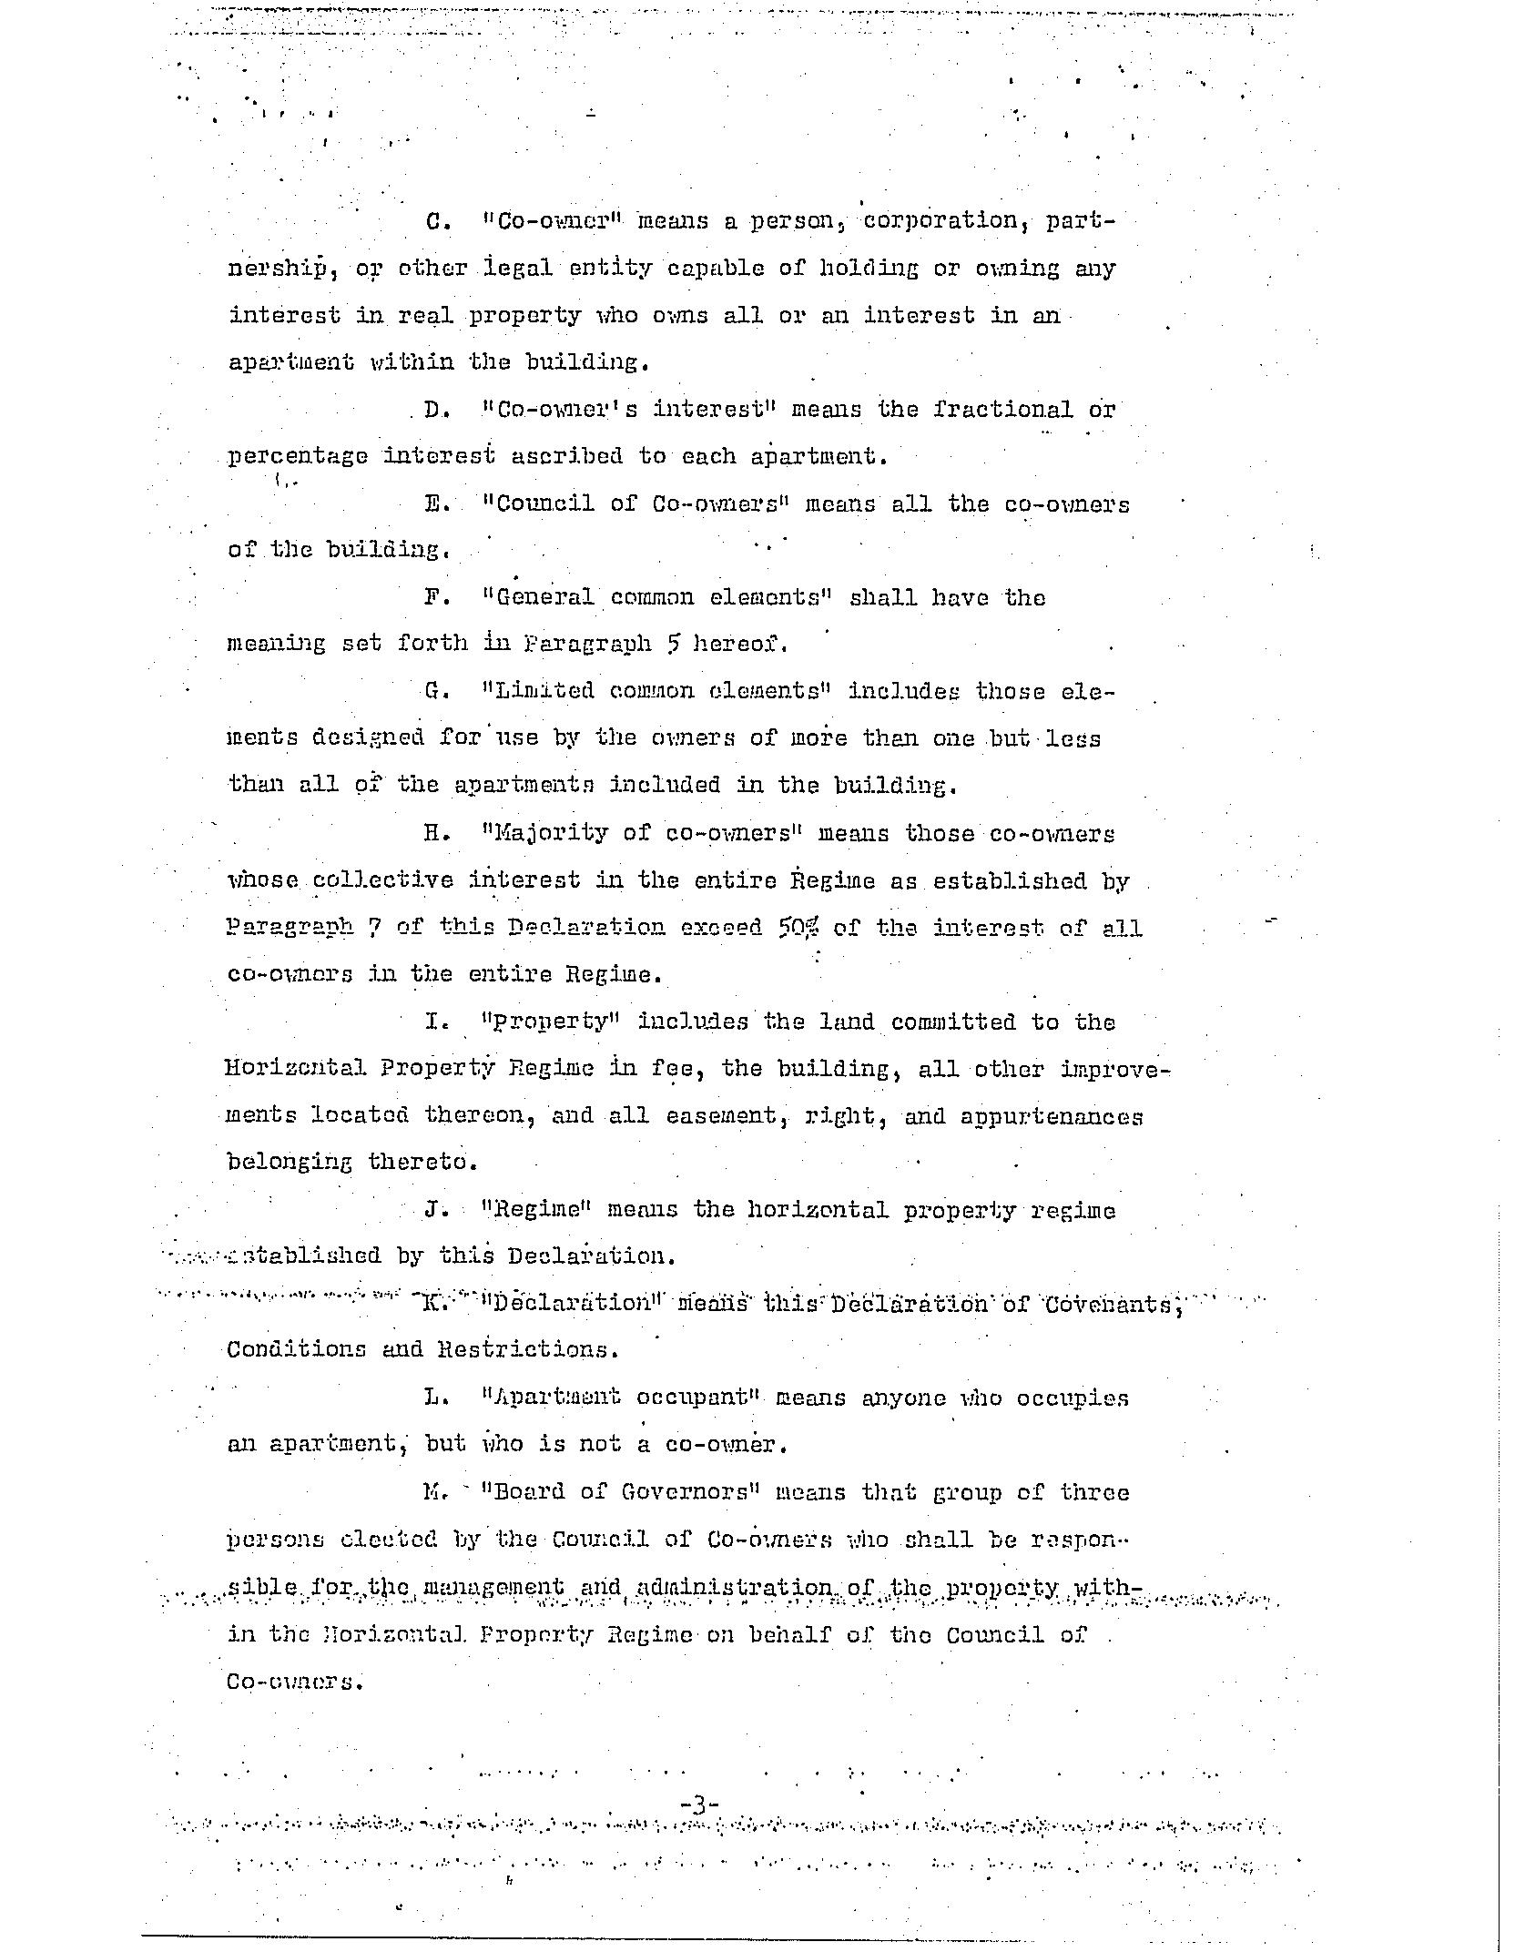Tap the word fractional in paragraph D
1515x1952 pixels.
[x=1002, y=411]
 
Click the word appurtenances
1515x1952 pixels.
[x=1052, y=1117]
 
